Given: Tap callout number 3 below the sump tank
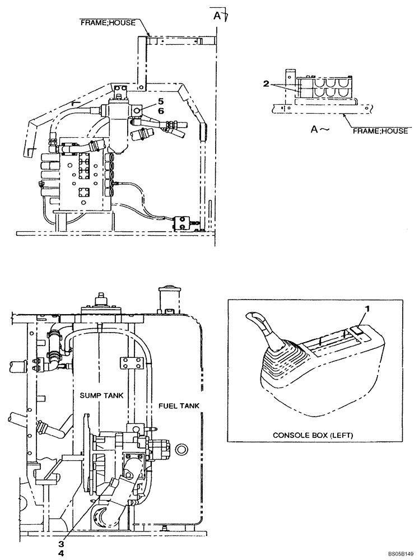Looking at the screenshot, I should tap(63, 543).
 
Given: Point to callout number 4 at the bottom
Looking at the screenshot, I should tap(63, 553).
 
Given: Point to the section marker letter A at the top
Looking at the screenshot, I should tap(216, 15).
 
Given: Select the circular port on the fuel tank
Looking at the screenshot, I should tap(181, 449).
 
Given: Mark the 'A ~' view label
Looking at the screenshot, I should tap(318, 129).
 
